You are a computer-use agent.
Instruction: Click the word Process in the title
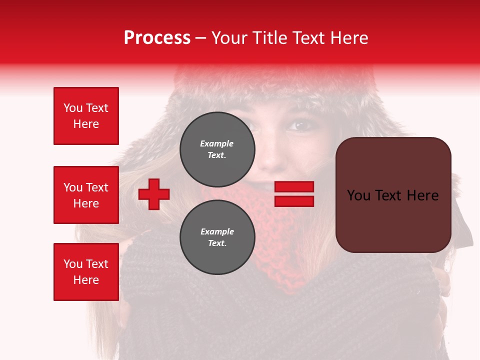tap(157, 38)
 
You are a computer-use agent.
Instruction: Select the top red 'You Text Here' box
tap(86, 116)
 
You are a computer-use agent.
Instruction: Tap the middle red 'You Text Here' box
tap(86, 195)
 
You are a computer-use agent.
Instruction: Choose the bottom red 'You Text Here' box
tap(86, 271)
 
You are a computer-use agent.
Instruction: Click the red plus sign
tap(154, 194)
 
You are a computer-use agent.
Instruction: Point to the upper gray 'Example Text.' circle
tap(217, 149)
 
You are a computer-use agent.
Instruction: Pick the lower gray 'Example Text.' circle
tap(217, 237)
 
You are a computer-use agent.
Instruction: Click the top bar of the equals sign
tap(294, 187)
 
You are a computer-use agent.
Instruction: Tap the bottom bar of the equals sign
tap(294, 201)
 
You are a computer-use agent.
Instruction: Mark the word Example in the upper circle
tap(217, 143)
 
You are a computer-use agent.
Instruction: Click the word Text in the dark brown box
tap(393, 195)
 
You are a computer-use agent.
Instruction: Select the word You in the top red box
tap(73, 108)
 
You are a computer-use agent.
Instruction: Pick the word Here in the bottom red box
tap(86, 280)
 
